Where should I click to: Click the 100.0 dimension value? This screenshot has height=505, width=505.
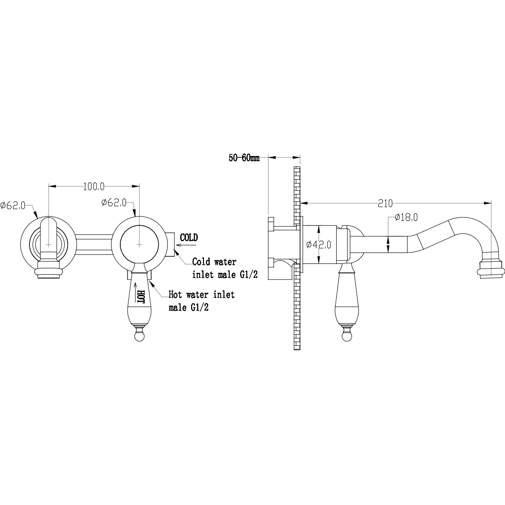tap(94, 186)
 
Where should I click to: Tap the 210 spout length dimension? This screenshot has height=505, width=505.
tap(385, 204)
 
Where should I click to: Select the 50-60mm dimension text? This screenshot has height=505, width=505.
tap(244, 158)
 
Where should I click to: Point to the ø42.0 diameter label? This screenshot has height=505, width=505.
tap(319, 245)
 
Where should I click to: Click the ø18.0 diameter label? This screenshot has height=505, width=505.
tap(406, 217)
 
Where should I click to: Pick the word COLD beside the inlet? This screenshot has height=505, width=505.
tap(189, 238)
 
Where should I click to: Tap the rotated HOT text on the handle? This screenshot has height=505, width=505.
tap(141, 296)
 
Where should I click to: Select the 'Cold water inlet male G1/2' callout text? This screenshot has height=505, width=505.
tap(225, 268)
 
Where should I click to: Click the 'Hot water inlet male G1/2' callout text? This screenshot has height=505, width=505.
tap(202, 301)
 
